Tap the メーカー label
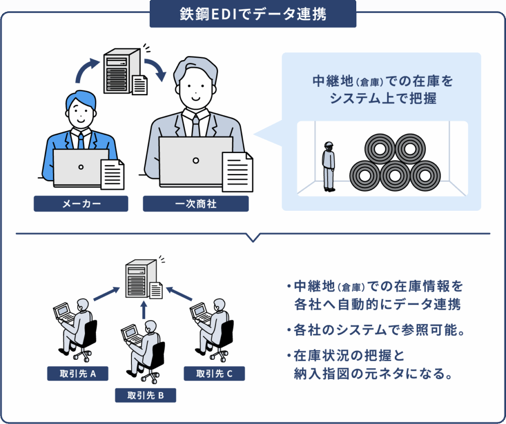[81, 203]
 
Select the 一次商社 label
[196, 203]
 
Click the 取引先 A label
[77, 374]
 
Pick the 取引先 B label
[145, 395]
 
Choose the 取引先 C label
[214, 374]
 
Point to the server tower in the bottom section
[140, 279]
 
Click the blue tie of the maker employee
[81, 141]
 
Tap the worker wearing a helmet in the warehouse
[329, 166]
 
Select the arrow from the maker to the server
[86, 69]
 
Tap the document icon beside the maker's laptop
[112, 174]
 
